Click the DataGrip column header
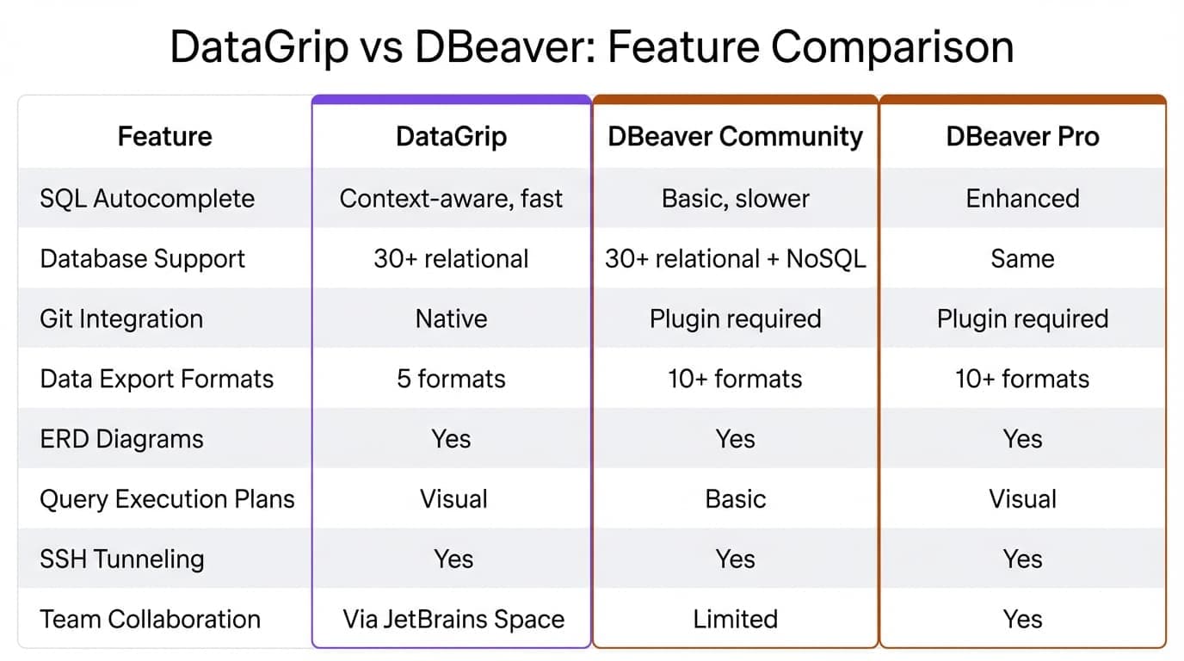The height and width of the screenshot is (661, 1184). click(x=451, y=137)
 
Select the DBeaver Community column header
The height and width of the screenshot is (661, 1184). click(x=735, y=137)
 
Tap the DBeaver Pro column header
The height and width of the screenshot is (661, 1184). click(x=1022, y=137)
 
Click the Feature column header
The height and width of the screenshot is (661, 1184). click(x=164, y=137)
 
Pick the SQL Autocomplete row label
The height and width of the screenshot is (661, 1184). click(x=147, y=199)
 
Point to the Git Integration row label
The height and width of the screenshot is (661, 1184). click(x=121, y=319)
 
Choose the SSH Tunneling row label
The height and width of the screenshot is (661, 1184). click(x=121, y=559)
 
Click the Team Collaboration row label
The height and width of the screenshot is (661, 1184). click(x=150, y=620)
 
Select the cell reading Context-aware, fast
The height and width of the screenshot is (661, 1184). click(x=451, y=199)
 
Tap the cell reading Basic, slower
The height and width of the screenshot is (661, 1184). click(x=735, y=199)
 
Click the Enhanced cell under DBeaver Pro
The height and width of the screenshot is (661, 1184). click(x=1022, y=199)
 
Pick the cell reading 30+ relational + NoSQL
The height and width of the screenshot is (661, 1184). click(x=735, y=259)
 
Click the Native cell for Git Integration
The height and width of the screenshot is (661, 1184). click(x=451, y=319)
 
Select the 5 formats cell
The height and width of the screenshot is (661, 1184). click(x=451, y=380)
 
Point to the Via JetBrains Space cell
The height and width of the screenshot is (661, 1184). click(x=453, y=620)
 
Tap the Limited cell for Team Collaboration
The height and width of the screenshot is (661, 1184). click(x=735, y=620)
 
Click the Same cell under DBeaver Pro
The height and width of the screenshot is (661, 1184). click(x=1022, y=259)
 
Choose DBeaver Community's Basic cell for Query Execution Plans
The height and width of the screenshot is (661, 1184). click(x=735, y=499)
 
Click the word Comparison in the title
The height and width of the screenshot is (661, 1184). click(x=891, y=48)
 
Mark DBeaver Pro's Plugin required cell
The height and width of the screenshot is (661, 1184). click(x=1022, y=319)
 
